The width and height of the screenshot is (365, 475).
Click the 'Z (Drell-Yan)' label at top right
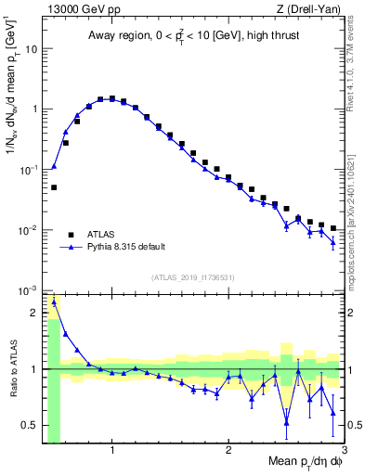click(x=313, y=8)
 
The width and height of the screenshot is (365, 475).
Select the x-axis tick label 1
click(x=112, y=452)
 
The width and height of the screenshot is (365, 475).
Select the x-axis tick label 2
click(x=228, y=452)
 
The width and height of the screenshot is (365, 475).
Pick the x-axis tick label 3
click(x=344, y=452)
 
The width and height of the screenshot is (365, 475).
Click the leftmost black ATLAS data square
click(x=54, y=187)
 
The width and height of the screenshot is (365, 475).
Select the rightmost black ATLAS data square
click(x=332, y=227)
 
